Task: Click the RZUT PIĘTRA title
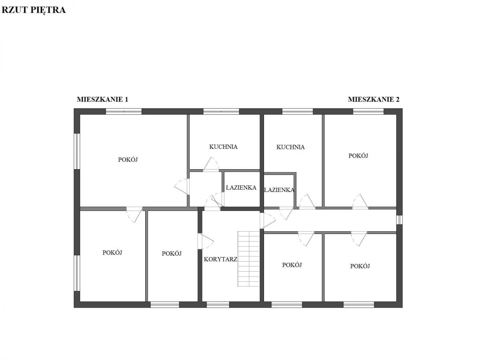click(x=34, y=10)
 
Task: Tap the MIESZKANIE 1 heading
click(x=102, y=100)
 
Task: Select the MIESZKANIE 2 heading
click(x=374, y=100)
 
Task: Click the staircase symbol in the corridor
click(x=248, y=259)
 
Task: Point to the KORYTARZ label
click(x=220, y=259)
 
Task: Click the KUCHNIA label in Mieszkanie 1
click(x=223, y=147)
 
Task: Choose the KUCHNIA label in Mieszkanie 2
click(x=290, y=147)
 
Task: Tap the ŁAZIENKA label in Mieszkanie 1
click(x=241, y=188)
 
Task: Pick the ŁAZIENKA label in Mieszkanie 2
click(x=279, y=190)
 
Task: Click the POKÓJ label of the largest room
click(x=128, y=160)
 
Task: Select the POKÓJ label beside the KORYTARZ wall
click(x=172, y=254)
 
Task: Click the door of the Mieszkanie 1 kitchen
click(x=211, y=164)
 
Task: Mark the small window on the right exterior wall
click(x=399, y=220)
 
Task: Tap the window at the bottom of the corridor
click(x=218, y=305)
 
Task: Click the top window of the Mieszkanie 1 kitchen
click(x=221, y=112)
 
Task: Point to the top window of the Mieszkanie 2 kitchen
click(x=298, y=112)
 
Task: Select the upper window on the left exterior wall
click(x=77, y=151)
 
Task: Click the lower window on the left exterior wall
click(x=77, y=273)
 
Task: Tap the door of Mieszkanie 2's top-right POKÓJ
click(x=360, y=202)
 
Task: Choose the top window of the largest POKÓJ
click(x=124, y=112)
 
